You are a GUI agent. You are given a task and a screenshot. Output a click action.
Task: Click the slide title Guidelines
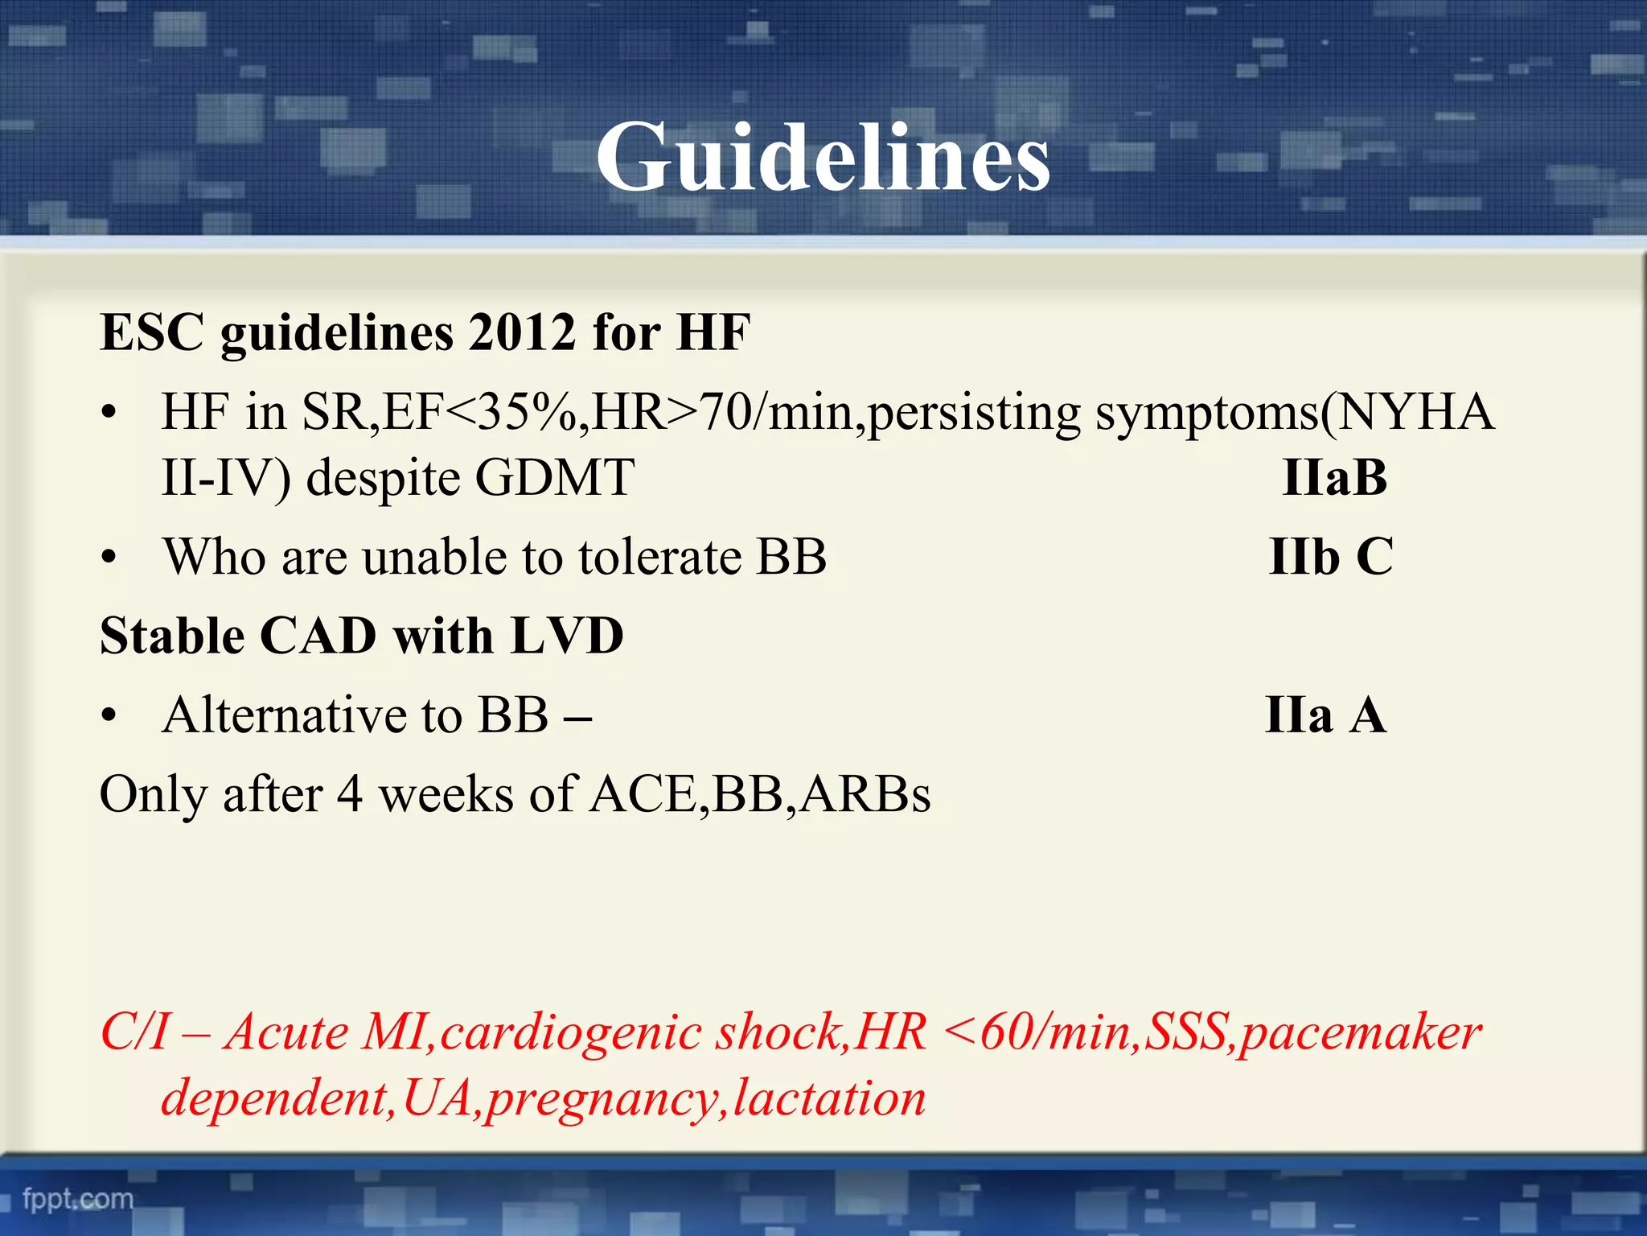823,157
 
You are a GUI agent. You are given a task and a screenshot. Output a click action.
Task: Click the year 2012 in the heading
522,332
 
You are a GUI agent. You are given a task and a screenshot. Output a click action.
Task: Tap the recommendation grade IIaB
1334,477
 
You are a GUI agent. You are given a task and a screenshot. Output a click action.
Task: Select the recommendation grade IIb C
1330,556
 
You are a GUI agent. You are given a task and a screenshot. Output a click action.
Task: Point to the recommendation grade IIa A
1325,715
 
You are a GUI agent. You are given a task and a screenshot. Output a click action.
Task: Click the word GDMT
554,477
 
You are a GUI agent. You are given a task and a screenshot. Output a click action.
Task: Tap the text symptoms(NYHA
1295,413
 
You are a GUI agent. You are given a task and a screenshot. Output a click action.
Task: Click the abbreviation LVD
567,636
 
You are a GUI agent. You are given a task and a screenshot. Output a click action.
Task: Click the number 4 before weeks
350,794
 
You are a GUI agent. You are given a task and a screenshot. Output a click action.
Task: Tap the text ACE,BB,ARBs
760,794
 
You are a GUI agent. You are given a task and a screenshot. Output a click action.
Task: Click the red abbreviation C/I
134,1032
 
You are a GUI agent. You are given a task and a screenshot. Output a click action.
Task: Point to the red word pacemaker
1360,1032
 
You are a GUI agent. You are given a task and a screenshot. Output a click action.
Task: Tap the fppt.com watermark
78,1199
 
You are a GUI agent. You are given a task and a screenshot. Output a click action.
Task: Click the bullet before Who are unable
109,558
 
